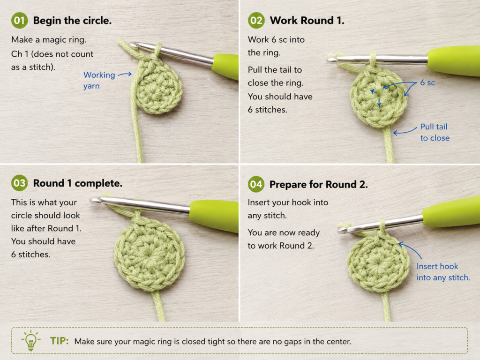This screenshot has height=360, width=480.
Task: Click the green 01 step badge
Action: (x=19, y=21)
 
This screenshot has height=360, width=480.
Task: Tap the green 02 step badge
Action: (x=256, y=21)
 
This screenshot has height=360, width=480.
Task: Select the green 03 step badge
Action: (x=19, y=183)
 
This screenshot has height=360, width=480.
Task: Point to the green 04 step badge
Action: (x=256, y=184)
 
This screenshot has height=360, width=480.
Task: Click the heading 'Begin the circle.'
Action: (x=72, y=21)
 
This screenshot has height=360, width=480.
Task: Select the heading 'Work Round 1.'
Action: (x=307, y=21)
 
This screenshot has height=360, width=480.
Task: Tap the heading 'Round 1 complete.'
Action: (x=78, y=183)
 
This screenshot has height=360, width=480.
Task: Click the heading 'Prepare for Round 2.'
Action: (x=319, y=184)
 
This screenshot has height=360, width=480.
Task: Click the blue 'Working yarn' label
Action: (x=99, y=80)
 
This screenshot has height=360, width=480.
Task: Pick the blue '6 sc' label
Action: (x=427, y=82)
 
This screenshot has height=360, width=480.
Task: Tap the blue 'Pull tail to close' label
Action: (x=435, y=132)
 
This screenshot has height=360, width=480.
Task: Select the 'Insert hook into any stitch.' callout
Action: (x=443, y=272)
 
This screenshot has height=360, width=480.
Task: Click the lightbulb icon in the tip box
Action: (x=30, y=340)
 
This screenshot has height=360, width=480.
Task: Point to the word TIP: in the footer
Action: (x=60, y=341)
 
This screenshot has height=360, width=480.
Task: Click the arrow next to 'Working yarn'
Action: (x=125, y=74)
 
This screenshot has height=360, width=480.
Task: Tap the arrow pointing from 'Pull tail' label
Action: (x=405, y=131)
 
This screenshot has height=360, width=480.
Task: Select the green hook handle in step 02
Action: (x=454, y=60)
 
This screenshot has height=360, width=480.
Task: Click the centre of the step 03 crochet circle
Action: (x=150, y=255)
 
